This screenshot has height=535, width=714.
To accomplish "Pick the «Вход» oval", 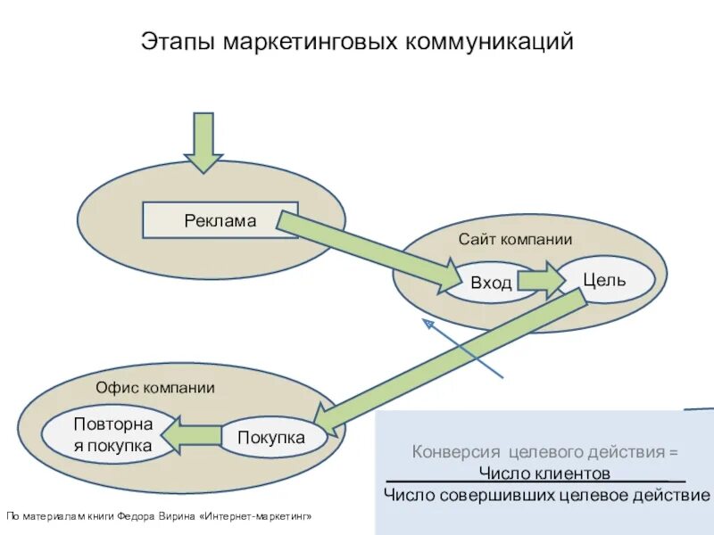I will point(491,283).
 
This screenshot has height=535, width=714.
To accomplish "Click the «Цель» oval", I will point(604,280).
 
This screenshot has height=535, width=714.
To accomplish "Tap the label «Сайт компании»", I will point(515,240).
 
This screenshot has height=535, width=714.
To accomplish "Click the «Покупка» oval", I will point(271,438).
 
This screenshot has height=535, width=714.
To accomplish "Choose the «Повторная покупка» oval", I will point(112,434).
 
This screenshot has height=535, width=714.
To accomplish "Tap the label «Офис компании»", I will point(155,388).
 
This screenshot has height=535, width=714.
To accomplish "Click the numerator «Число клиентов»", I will point(544,473).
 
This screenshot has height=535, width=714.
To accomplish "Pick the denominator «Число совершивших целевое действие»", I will point(547,495).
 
